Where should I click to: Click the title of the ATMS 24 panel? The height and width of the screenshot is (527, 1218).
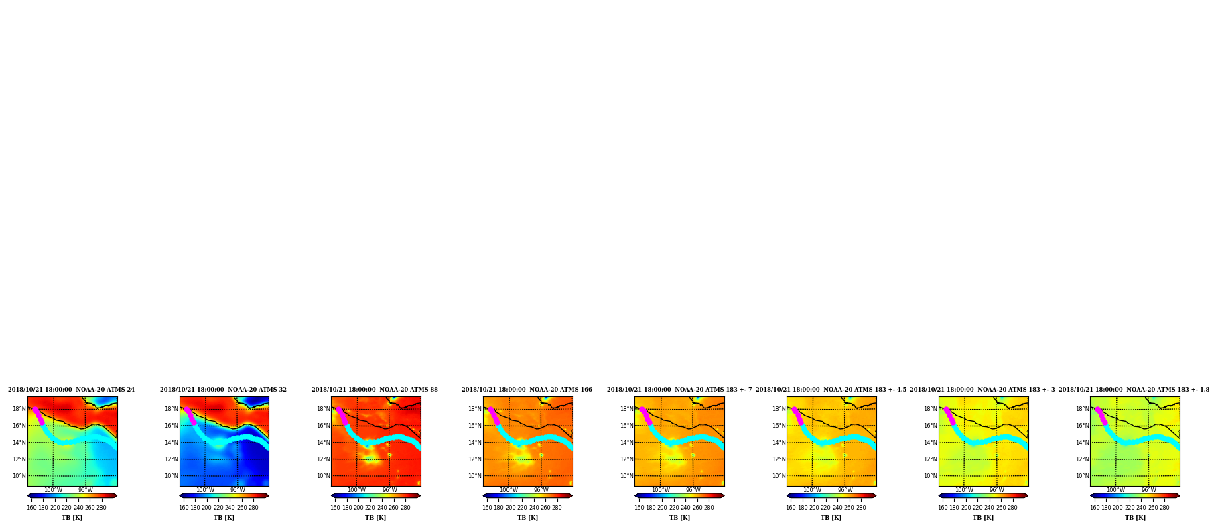(x=71, y=390)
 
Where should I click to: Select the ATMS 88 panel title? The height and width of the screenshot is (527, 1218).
(x=375, y=390)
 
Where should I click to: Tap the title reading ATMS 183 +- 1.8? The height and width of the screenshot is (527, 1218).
(x=1134, y=390)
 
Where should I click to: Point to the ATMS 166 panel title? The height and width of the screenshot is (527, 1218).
(x=527, y=390)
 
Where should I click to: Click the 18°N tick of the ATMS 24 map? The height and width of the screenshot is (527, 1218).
(x=19, y=409)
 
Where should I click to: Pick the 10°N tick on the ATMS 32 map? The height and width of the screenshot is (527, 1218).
(x=172, y=476)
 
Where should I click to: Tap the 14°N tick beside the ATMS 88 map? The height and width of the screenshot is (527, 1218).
(x=323, y=443)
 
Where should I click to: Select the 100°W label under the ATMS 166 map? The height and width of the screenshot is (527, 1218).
(x=509, y=490)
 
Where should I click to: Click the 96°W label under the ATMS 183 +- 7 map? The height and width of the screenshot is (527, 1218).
(x=693, y=490)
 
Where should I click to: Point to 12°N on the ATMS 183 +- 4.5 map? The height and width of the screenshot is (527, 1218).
(x=779, y=459)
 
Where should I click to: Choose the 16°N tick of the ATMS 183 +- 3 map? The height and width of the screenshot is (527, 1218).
(x=931, y=426)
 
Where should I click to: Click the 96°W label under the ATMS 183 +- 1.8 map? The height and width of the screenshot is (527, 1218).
(x=1149, y=490)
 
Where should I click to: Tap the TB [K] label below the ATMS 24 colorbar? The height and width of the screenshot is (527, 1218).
(x=72, y=518)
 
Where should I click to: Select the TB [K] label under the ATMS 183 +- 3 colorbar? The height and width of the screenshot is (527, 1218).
(x=984, y=518)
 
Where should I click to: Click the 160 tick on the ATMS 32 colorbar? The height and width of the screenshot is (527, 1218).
(x=184, y=508)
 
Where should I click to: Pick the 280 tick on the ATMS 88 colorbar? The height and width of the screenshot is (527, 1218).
(x=405, y=508)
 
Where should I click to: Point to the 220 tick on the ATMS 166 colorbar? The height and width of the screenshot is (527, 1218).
(x=522, y=508)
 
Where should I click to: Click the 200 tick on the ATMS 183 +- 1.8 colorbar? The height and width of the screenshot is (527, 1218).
(x=1118, y=508)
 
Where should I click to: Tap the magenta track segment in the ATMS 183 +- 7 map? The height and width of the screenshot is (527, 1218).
(x=646, y=416)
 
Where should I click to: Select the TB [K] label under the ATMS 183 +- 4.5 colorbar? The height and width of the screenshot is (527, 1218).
(x=831, y=518)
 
